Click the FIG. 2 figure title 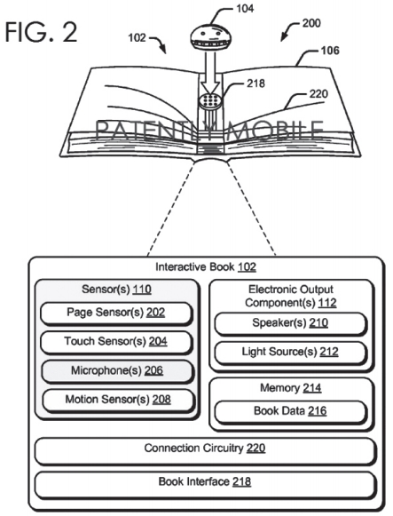point(42,32)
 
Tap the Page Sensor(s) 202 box point(116,313)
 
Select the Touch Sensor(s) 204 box point(116,342)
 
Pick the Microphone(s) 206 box point(117,371)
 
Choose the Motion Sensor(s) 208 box point(118,400)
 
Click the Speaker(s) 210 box point(290,323)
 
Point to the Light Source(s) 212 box point(290,353)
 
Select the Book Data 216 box point(290,411)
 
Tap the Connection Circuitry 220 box point(205,450)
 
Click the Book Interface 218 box point(205,484)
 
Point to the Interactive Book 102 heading point(206,267)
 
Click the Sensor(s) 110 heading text point(116,290)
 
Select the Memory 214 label point(290,388)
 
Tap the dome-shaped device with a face point(207,37)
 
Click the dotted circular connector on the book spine point(210,100)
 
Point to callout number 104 point(245,9)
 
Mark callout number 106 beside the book point(330,51)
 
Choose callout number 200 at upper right point(311,23)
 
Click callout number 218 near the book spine point(255,83)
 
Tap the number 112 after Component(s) point(327,303)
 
